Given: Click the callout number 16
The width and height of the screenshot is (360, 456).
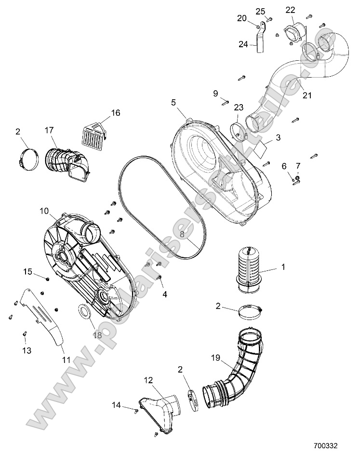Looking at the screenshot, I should point(115,113).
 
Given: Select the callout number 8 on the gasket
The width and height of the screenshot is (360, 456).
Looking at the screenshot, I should point(183,234).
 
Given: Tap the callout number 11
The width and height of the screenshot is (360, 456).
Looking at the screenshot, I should point(66,360).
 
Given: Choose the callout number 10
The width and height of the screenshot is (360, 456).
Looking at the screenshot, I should point(44,211).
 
